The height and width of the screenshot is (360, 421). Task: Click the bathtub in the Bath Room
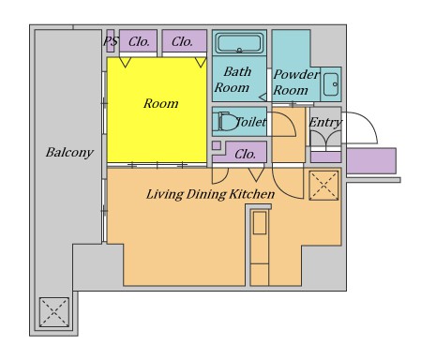pyautogui.click(x=239, y=43)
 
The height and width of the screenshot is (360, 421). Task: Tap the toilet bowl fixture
pyautogui.click(x=226, y=121)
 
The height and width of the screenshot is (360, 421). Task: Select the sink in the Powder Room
pyautogui.click(x=331, y=84)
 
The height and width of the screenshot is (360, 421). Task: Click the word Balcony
pyautogui.click(x=69, y=153)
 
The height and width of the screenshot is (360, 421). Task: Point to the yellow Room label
pyautogui.click(x=160, y=103)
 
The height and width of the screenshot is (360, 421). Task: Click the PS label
pyautogui.click(x=111, y=41)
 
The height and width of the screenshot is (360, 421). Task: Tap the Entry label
pyautogui.click(x=325, y=123)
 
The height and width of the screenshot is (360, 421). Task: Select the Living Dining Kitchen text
pyautogui.click(x=210, y=194)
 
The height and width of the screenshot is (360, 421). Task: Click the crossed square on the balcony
pyautogui.click(x=54, y=312)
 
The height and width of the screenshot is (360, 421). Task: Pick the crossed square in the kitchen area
pyautogui.click(x=323, y=186)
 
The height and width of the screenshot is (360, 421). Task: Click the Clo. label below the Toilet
pyautogui.click(x=245, y=154)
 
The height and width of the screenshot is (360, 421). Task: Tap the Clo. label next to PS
pyautogui.click(x=139, y=41)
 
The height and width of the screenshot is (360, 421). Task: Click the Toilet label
pyautogui.click(x=251, y=122)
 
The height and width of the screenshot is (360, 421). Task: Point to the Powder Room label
pyautogui.click(x=296, y=82)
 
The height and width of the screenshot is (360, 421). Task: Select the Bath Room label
pyautogui.click(x=233, y=80)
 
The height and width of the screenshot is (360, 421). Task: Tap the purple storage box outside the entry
pyautogui.click(x=371, y=160)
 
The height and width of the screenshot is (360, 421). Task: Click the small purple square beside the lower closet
pyautogui.click(x=217, y=145)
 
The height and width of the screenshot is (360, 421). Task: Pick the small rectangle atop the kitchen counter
pyautogui.click(x=260, y=222)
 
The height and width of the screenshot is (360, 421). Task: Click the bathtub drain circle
pyautogui.click(x=239, y=50)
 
